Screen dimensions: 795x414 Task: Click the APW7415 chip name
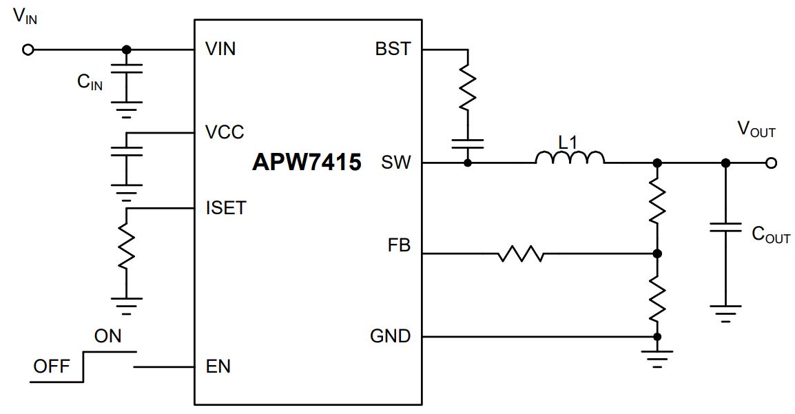coord(307,162)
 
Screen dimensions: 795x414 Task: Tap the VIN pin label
coord(220,49)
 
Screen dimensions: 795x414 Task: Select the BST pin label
coord(393,49)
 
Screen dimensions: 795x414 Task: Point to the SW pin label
coord(396,163)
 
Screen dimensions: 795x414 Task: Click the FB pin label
coord(399,246)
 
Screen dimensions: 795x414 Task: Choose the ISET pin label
coord(226,208)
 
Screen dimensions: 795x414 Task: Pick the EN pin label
coord(218,366)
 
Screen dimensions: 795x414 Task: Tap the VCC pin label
coord(225,132)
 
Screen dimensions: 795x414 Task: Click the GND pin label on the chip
coord(391,336)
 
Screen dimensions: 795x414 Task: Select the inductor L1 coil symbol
coord(570,158)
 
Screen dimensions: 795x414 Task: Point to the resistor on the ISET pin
coord(127,246)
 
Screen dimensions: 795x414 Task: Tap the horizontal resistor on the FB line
coord(521,253)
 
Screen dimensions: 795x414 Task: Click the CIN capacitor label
coord(90,82)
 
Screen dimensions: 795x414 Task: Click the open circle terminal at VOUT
coord(771,163)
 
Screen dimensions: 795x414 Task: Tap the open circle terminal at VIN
coord(28,50)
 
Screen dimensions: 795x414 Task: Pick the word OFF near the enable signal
coord(51,366)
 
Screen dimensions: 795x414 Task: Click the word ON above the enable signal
coord(107,336)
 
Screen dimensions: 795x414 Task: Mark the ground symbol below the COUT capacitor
coord(725,313)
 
